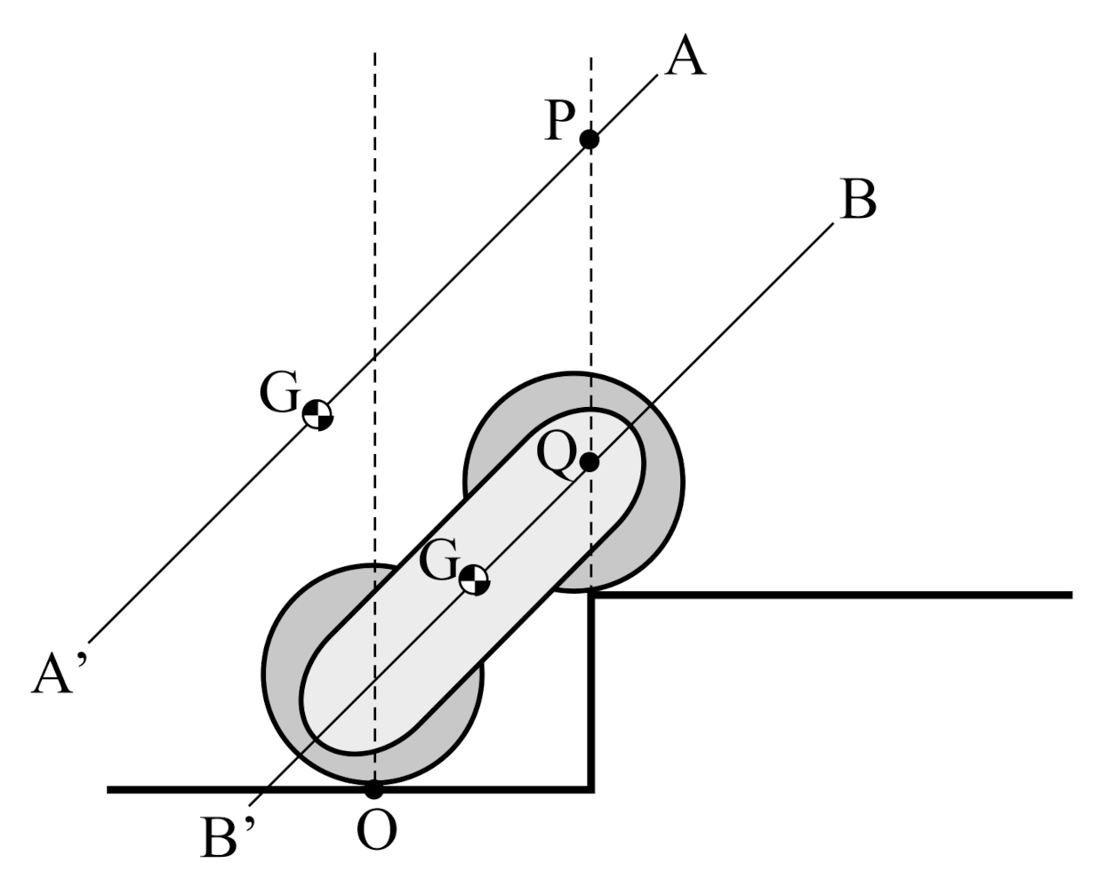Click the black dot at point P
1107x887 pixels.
pos(589,140)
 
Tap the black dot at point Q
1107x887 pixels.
pos(589,462)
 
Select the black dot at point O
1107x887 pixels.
pos(374,788)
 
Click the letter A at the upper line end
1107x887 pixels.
pos(686,60)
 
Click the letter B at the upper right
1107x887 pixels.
pos(857,202)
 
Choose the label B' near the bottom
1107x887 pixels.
pos(229,838)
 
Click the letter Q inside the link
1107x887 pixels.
pos(558,457)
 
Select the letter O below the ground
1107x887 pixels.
pos(376,833)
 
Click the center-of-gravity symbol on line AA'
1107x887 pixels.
pos(317,414)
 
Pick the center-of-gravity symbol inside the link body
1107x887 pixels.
pos(474,579)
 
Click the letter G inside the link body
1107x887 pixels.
pos(438,562)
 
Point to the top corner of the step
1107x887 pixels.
pos(592,595)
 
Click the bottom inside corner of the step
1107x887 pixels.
pos(592,788)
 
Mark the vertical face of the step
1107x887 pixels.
pos(592,693)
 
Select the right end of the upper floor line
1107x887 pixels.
pos(1071,595)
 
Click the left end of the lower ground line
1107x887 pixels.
pos(108,788)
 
